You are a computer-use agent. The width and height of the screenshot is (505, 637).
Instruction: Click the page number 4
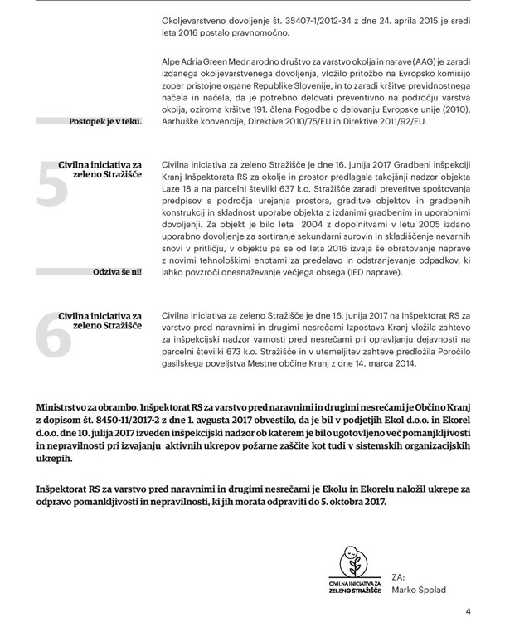(469, 613)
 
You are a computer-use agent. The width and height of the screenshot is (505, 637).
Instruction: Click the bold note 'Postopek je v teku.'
(105, 122)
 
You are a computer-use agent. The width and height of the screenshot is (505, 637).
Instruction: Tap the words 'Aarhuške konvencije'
(210, 121)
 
